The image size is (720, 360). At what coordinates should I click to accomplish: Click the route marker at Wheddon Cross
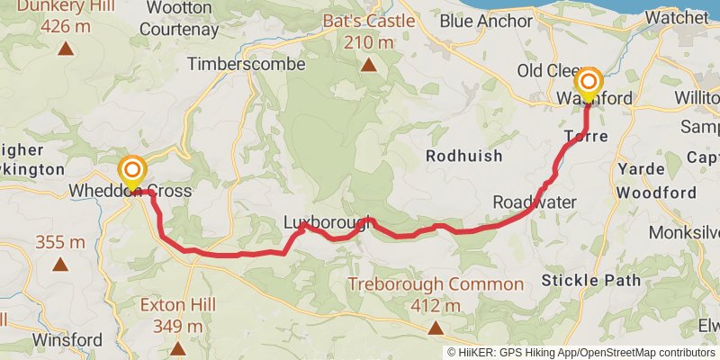tap(132, 170)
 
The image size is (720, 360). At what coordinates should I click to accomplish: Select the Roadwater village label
tap(534, 202)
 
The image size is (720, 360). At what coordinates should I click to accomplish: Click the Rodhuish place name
tap(464, 155)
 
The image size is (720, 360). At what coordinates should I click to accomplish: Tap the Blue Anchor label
tap(488, 20)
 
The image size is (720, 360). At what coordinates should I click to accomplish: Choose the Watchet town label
tap(677, 17)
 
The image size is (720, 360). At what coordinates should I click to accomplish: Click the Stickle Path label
tap(591, 280)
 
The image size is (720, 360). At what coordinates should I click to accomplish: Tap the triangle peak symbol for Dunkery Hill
tap(65, 48)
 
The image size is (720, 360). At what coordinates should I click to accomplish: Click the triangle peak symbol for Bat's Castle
tap(369, 64)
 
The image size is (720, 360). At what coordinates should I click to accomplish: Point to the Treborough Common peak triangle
tap(436, 328)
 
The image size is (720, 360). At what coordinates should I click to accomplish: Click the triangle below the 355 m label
tap(60, 265)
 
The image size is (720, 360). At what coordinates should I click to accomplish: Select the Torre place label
tap(586, 136)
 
